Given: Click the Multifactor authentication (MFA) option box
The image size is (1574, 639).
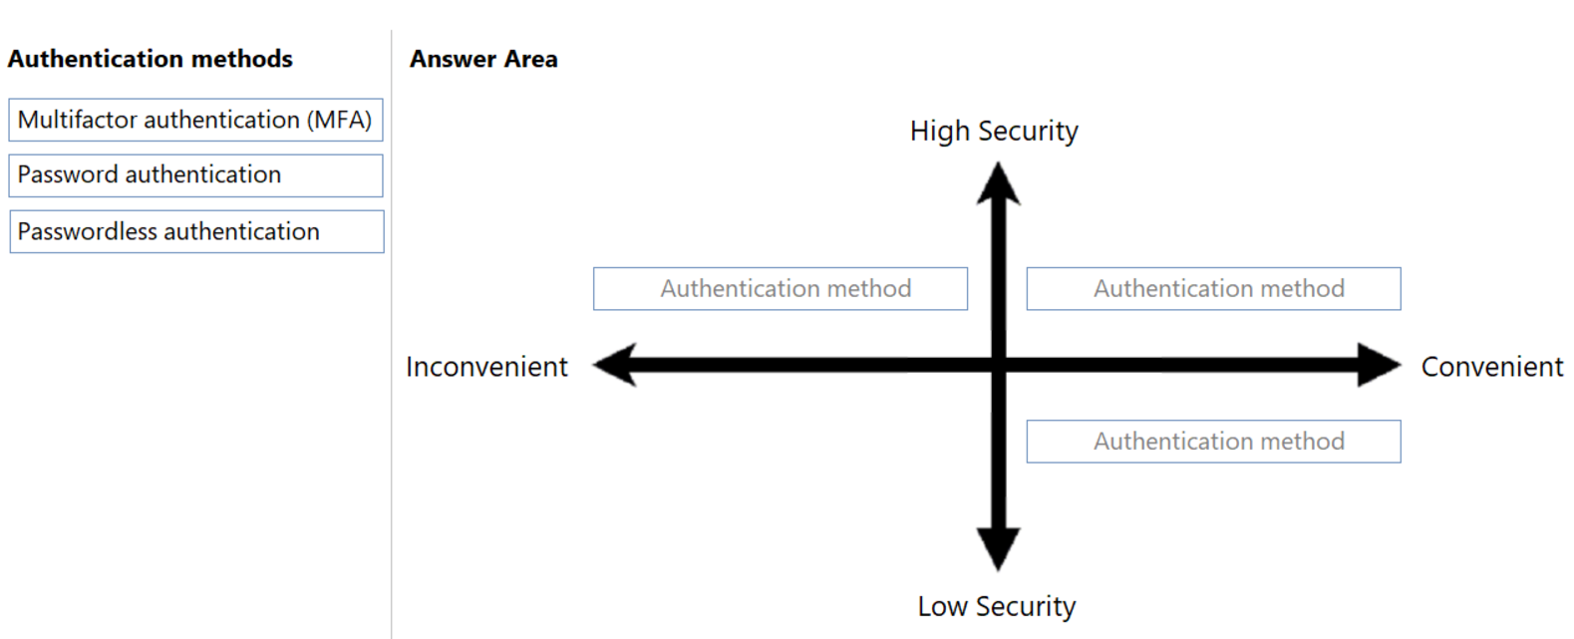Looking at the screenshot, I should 195,121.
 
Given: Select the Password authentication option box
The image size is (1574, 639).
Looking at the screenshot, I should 195,175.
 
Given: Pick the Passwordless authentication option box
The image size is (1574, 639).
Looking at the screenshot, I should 195,231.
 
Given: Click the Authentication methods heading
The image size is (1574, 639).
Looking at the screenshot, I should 151,59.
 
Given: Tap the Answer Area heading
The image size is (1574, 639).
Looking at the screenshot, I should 483,59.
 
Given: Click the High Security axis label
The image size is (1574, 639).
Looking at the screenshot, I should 994,132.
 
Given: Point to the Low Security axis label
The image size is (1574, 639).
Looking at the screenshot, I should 997,606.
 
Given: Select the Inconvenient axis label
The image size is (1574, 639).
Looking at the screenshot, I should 486,367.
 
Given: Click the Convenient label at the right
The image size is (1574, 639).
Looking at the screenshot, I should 1491,367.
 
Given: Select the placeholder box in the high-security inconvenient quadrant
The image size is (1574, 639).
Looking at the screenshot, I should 781,289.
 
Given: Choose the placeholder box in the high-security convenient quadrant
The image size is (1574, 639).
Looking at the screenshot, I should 1213,289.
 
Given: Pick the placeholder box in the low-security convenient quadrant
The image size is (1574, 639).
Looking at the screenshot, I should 1213,442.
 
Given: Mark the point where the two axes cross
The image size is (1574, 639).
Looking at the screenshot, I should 998,365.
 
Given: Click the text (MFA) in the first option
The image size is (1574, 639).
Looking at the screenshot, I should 339,121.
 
